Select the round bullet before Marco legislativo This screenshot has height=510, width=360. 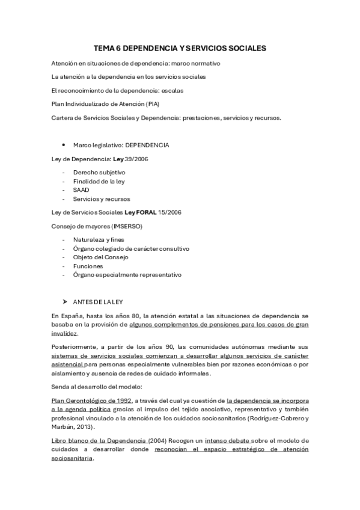tap(64, 145)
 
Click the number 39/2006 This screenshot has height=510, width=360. tap(137, 159)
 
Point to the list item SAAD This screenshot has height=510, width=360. tap(81, 190)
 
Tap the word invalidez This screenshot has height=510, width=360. tap(64, 333)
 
